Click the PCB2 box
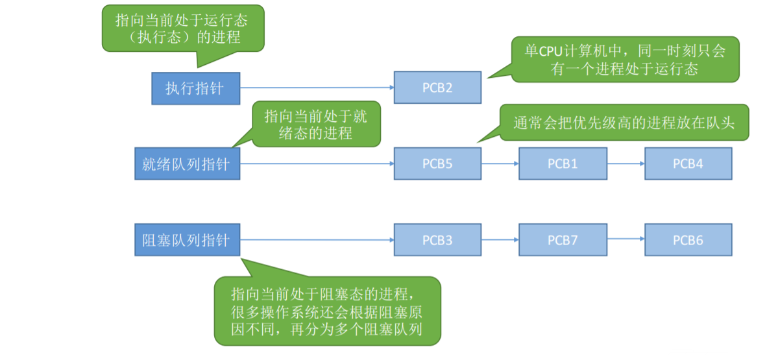437,88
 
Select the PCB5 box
437,163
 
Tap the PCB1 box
563,163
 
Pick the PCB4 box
688,163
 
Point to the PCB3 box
437,240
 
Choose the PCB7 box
563,240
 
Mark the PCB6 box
688,240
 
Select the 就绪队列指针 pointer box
186,163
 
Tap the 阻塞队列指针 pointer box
186,240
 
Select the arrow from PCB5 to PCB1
500,163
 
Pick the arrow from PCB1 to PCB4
626,163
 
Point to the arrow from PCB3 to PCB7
500,240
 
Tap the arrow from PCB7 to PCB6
626,240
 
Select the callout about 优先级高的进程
624,123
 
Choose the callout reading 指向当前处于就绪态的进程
315,125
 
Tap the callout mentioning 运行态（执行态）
184,29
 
